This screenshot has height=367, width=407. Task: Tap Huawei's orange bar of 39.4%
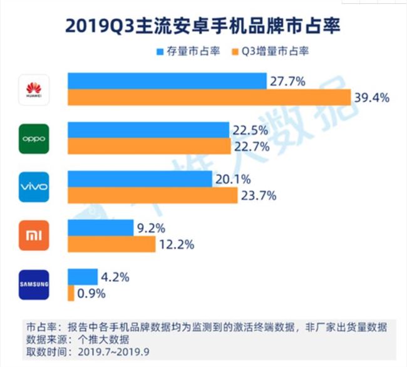click(x=209, y=98)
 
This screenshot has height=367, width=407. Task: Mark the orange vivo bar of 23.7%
click(x=153, y=195)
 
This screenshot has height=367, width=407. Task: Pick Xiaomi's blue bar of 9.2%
click(x=101, y=227)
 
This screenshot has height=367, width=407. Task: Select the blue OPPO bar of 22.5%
click(x=148, y=130)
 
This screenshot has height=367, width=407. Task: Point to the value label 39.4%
click(x=373, y=98)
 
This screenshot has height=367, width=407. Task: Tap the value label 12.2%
click(x=177, y=244)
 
